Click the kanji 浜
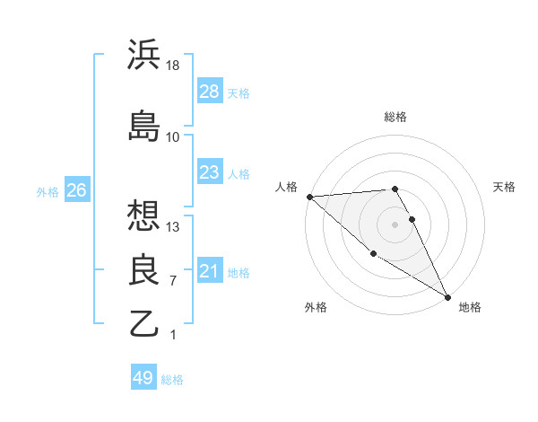click(x=144, y=56)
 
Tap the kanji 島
click(x=144, y=126)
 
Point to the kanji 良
click(x=144, y=269)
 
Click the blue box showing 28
click(x=209, y=91)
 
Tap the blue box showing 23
click(x=209, y=171)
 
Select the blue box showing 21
click(x=209, y=270)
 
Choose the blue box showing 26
click(x=76, y=190)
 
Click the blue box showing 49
click(x=143, y=378)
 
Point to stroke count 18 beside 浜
click(x=173, y=66)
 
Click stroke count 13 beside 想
click(x=173, y=226)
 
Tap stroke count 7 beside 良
click(x=173, y=281)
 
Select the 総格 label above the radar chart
click(x=395, y=117)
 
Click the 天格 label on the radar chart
click(x=504, y=187)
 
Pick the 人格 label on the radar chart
click(x=286, y=187)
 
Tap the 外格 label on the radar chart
click(x=316, y=307)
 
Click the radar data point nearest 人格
click(x=309, y=197)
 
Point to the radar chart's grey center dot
click(x=395, y=224)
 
